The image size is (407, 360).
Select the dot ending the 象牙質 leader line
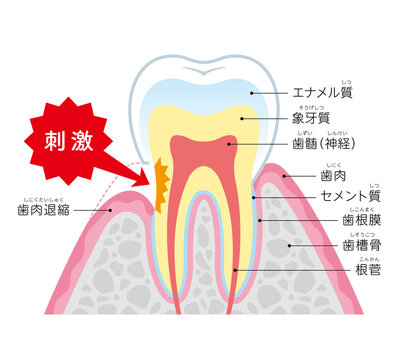point(240,118)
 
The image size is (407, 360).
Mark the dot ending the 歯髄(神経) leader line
point(228,146)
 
